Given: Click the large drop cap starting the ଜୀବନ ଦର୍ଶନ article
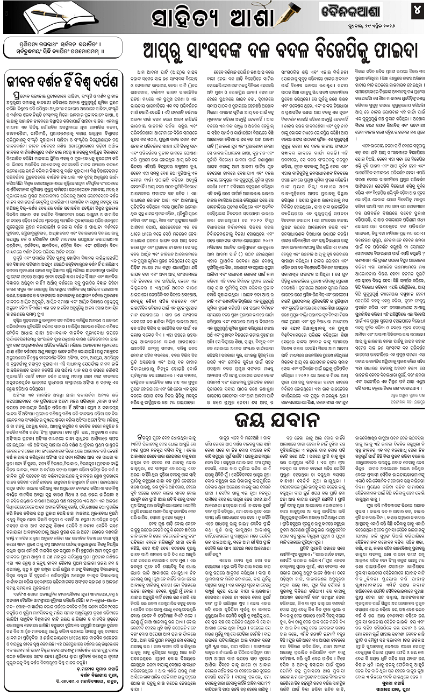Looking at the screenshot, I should (x=11, y=91).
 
